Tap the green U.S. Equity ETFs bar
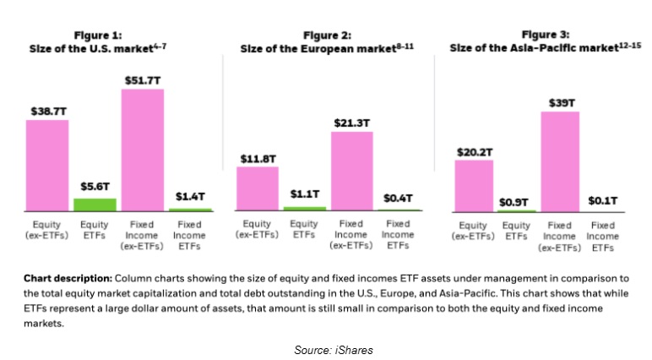coord(95,204)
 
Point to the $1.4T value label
coord(190,195)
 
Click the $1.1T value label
coord(305,194)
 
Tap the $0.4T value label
coord(399,198)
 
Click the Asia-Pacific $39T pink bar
coord(560,161)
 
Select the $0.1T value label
coord(603,201)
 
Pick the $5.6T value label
coord(95,187)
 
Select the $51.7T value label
coord(143,79)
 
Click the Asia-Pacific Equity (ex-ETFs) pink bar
coord(474,185)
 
